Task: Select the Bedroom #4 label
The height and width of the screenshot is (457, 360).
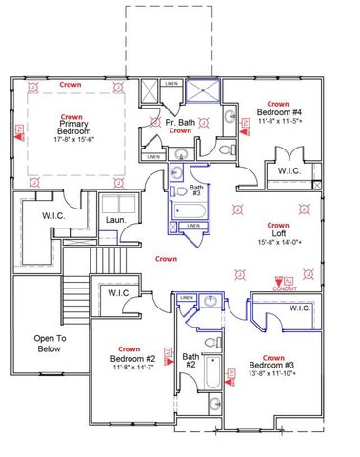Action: coord(278,112)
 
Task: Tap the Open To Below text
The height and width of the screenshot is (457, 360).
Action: coord(49,343)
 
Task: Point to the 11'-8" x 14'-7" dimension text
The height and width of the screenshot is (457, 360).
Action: coord(130,368)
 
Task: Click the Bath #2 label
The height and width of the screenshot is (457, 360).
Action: coord(189,360)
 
